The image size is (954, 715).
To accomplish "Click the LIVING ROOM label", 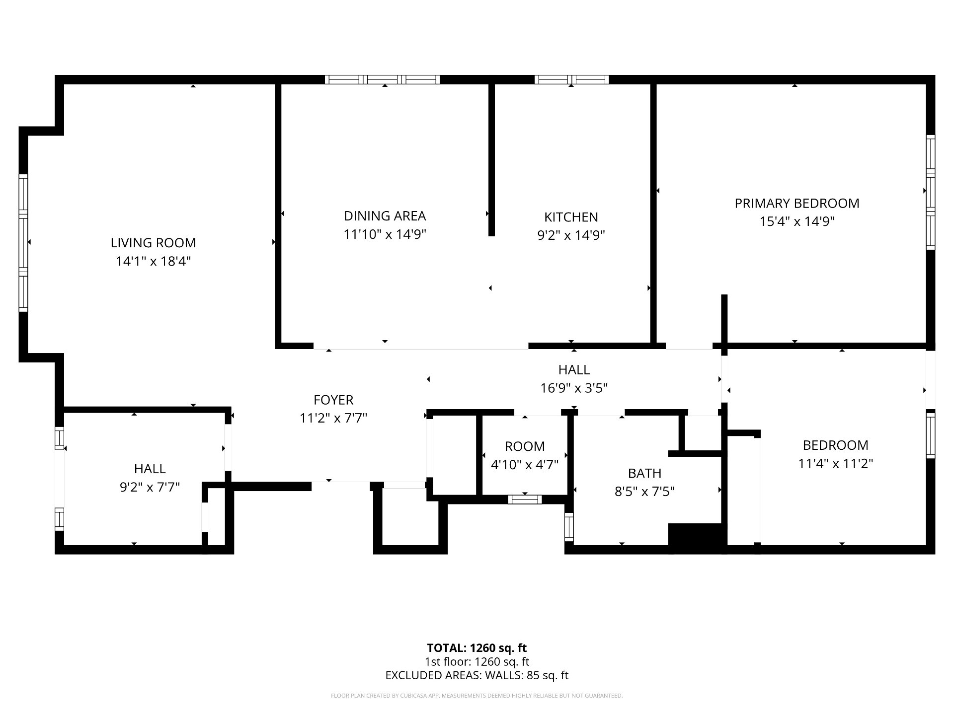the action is click(x=153, y=243).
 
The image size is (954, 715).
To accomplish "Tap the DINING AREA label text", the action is click(x=385, y=216).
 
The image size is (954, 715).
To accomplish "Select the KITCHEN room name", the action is click(x=571, y=217).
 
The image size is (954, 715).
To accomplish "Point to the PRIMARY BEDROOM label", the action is click(x=797, y=203).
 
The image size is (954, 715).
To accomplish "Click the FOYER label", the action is click(x=333, y=400).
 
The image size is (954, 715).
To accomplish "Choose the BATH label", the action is click(x=644, y=473).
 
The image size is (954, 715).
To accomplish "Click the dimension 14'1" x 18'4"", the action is click(x=153, y=261).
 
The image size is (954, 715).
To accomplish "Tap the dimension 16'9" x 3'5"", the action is click(x=574, y=388).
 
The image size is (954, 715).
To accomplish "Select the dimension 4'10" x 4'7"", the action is click(x=525, y=465).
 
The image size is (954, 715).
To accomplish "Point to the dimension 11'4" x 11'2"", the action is click(x=836, y=464).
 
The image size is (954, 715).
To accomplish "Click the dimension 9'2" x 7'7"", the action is click(x=150, y=487).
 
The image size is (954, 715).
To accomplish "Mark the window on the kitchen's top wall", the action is click(x=571, y=79).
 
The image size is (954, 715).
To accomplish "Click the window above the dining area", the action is click(x=383, y=79).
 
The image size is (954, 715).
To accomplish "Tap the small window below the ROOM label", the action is click(x=525, y=499).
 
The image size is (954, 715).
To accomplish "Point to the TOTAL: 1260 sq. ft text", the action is click(x=477, y=648).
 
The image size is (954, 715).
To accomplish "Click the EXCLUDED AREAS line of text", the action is click(x=477, y=675).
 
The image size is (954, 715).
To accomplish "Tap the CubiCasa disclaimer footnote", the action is click(x=477, y=696).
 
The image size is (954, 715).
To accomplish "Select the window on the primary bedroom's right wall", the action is click(x=931, y=192).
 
